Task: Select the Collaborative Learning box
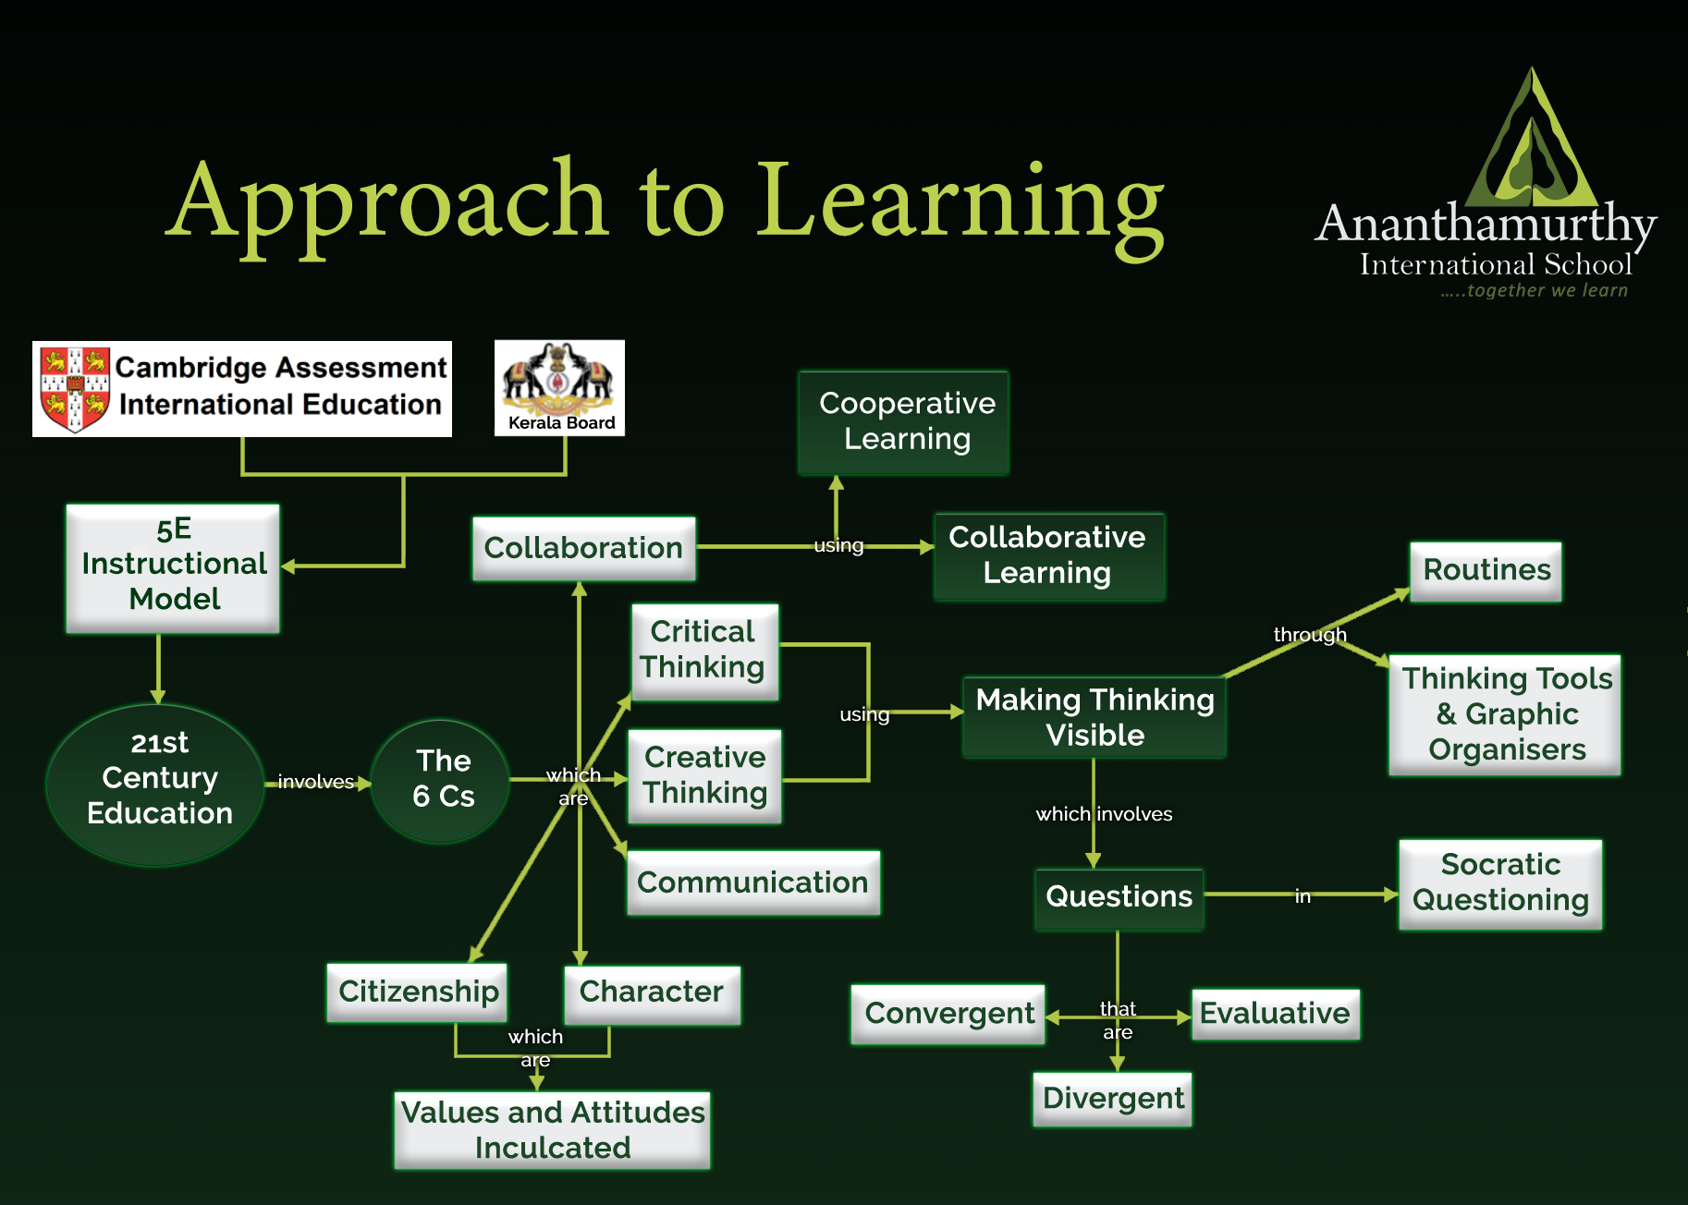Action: [1048, 556]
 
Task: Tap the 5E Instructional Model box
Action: [173, 566]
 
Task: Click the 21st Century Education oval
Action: [156, 784]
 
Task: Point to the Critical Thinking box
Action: [704, 651]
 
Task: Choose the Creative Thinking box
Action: [704, 775]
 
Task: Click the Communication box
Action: [752, 882]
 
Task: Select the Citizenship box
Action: [417, 992]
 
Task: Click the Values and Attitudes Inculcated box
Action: [552, 1129]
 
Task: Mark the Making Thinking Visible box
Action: [1095, 717]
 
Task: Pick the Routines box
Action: [1486, 571]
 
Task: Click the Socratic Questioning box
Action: [1499, 882]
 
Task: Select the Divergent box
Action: [1112, 1099]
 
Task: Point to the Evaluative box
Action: [1275, 1014]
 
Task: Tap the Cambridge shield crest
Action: [74, 388]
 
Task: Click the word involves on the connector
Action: [315, 782]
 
